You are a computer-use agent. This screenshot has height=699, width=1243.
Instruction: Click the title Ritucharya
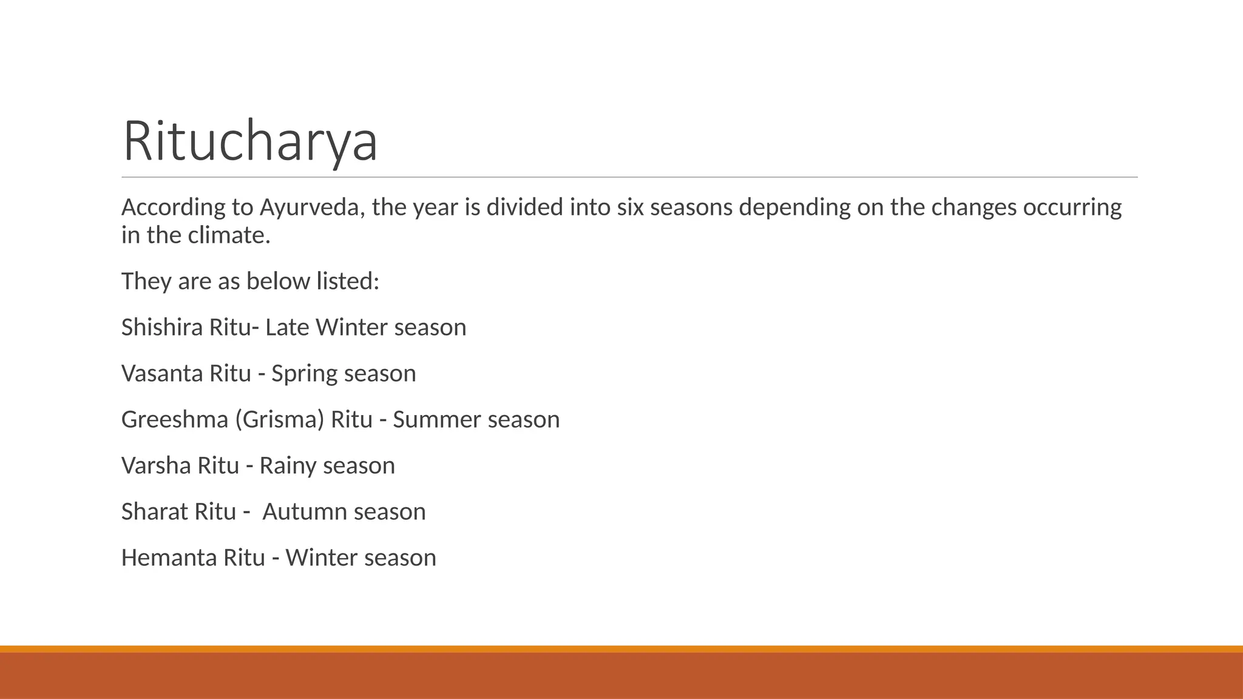250,141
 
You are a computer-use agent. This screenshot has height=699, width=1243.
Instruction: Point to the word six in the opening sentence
630,208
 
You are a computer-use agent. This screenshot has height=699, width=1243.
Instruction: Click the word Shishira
162,328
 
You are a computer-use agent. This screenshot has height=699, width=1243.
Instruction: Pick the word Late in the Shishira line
287,328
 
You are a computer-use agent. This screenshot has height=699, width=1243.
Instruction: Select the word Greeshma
175,420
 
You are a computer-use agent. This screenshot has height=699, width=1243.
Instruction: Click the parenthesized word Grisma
280,420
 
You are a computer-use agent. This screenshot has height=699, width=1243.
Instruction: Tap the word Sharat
154,512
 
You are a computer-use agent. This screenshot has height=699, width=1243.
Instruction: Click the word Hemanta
169,558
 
